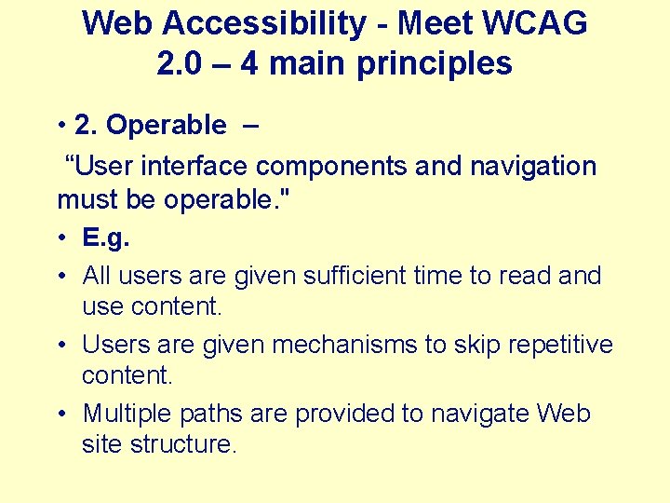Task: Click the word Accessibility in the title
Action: coord(269,23)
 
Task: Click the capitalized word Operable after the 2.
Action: coord(167,125)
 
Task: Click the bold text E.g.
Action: coord(106,238)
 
